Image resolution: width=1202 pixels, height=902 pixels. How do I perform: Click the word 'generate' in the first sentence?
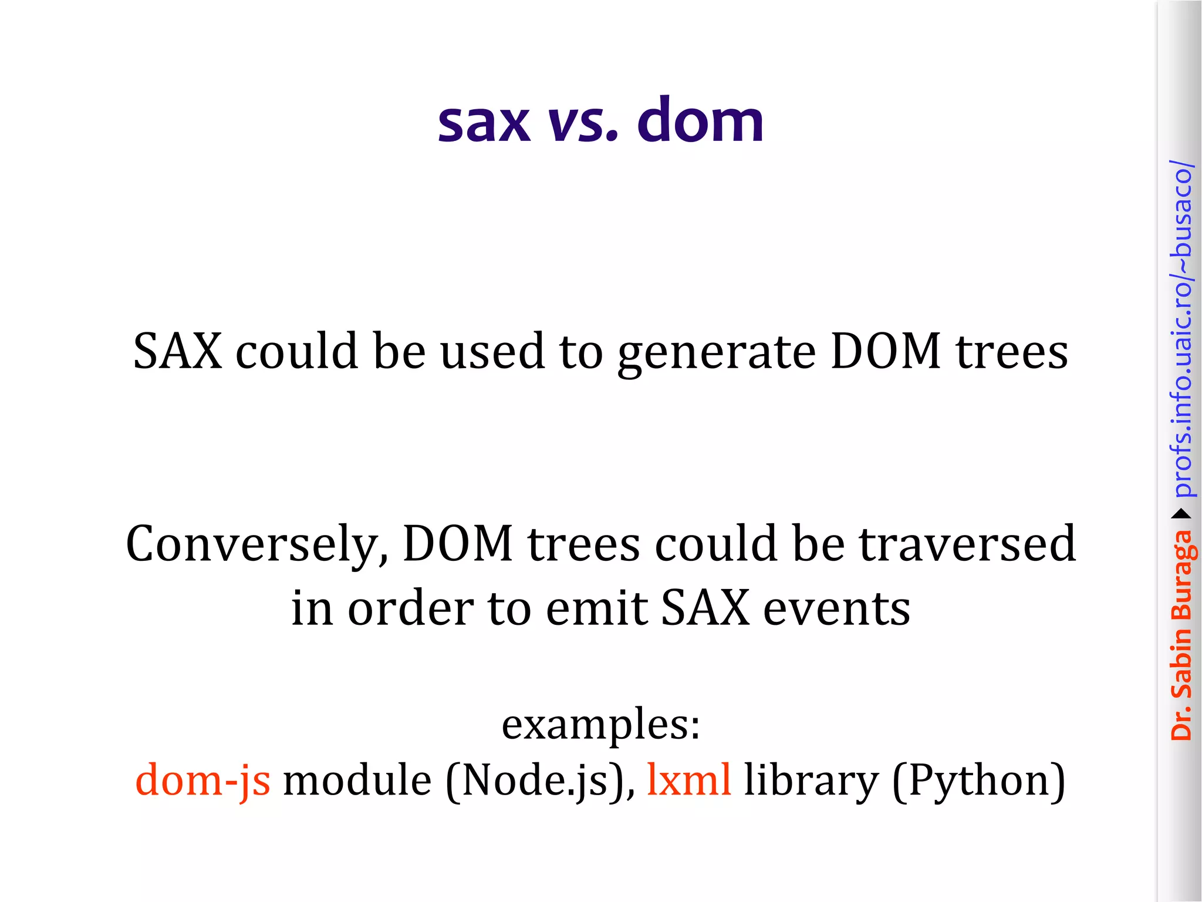pos(716,352)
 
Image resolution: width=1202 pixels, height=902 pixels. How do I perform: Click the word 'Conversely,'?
pos(257,545)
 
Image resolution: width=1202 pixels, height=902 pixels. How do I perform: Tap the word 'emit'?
pos(596,608)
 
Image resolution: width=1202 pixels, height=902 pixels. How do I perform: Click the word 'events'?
pos(836,608)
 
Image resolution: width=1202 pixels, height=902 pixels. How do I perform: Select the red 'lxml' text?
pos(689,780)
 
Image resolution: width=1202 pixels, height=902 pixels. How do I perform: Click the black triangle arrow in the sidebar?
pos(1181,514)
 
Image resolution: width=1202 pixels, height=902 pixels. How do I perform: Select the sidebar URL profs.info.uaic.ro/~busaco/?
pos(1181,329)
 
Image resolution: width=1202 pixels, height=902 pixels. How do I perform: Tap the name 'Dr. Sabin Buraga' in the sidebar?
pos(1181,634)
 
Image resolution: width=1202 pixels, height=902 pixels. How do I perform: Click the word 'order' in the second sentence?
pos(410,608)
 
